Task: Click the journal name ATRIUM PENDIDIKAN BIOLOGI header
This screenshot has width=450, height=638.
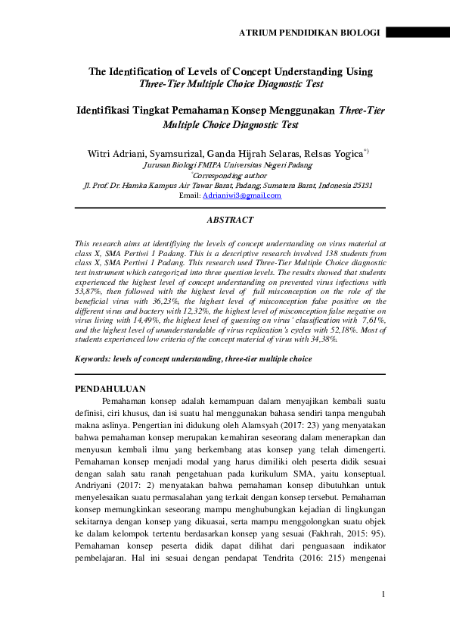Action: [x=310, y=33]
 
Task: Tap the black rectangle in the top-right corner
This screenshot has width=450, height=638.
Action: [x=417, y=33]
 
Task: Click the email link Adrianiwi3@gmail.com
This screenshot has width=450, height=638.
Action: [x=241, y=195]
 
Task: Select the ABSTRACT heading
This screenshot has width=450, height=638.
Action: [x=230, y=220]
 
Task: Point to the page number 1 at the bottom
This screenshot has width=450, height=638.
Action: [x=383, y=593]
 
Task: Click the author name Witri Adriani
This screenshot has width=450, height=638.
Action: [x=116, y=152]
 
